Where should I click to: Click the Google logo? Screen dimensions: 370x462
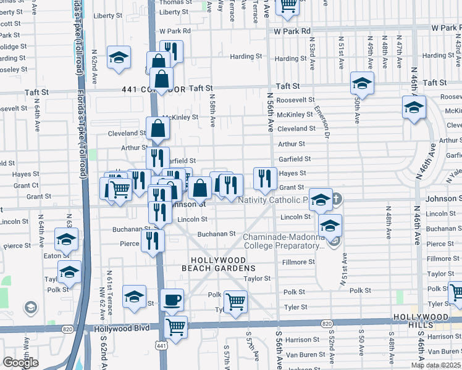[20, 363]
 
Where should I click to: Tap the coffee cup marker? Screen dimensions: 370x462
[172, 300]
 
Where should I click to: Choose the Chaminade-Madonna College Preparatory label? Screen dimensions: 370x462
[283, 241]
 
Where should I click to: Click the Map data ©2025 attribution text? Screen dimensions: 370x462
[436, 365]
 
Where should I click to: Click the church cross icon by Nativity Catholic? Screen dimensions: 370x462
[336, 199]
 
